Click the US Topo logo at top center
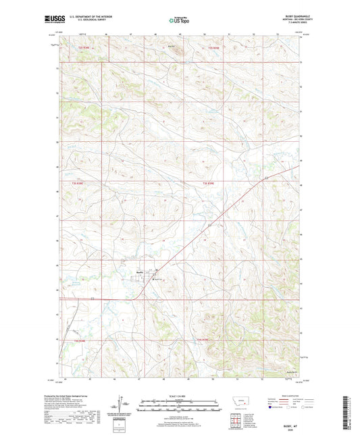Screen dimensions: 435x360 point(180,20)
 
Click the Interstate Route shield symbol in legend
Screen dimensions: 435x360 point(273,407)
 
